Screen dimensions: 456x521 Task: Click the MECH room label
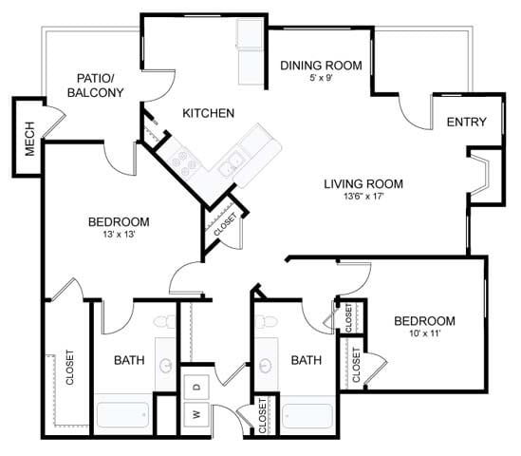click(x=27, y=139)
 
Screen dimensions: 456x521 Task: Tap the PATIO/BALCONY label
click(x=95, y=85)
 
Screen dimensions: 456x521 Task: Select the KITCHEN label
click(x=208, y=113)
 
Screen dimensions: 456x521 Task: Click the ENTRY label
click(x=466, y=122)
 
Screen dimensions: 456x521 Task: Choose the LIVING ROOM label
click(x=363, y=183)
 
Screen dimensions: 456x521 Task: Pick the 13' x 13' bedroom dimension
click(x=119, y=236)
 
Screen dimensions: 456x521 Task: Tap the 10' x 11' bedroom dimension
click(x=424, y=334)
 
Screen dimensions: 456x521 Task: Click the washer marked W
click(x=196, y=415)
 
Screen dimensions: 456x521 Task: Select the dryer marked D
click(x=196, y=387)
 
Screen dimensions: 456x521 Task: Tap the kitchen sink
click(x=228, y=169)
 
